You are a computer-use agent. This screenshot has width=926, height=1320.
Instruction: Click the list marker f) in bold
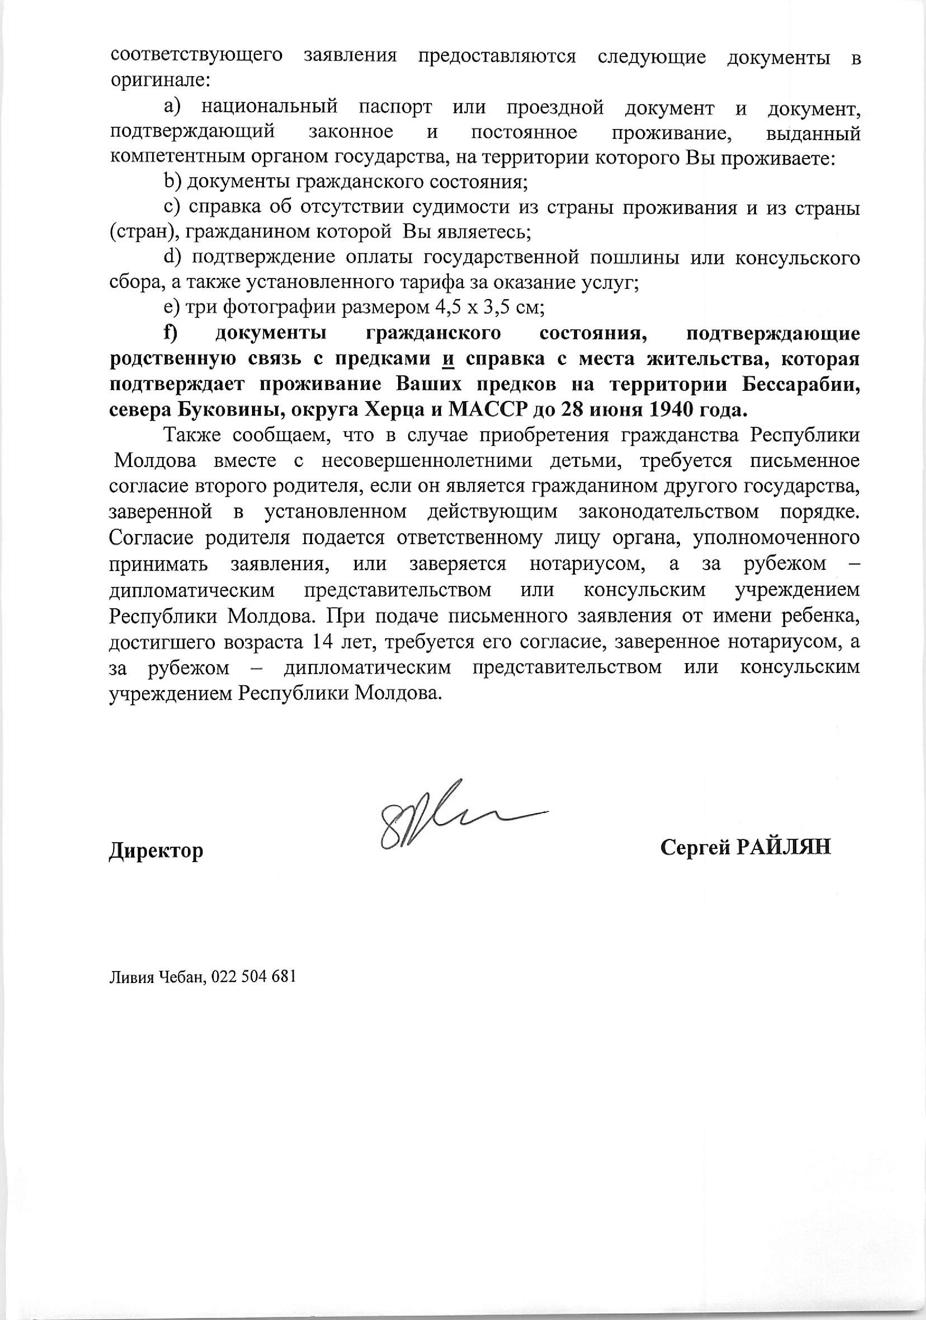(x=170, y=333)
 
